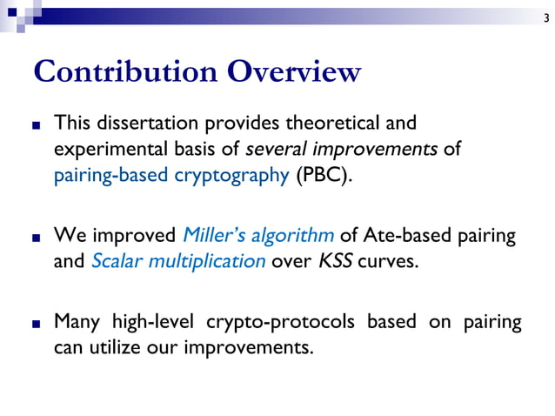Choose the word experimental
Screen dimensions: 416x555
pyautogui.click(x=106, y=149)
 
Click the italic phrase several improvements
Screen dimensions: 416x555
pyautogui.click(x=364, y=149)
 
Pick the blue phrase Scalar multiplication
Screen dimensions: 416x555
pyautogui.click(x=178, y=261)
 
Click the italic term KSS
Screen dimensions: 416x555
pyautogui.click(x=334, y=261)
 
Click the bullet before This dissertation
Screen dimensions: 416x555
pyautogui.click(x=36, y=124)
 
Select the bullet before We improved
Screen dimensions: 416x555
pyautogui.click(x=36, y=237)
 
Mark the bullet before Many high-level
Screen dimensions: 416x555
pyautogui.click(x=36, y=324)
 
